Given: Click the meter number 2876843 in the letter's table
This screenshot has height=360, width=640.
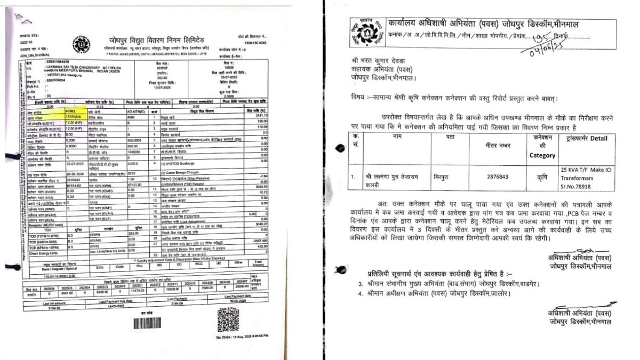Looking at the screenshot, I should tap(486, 174).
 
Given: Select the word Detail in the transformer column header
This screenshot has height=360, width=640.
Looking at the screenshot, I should tap(599, 138).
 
